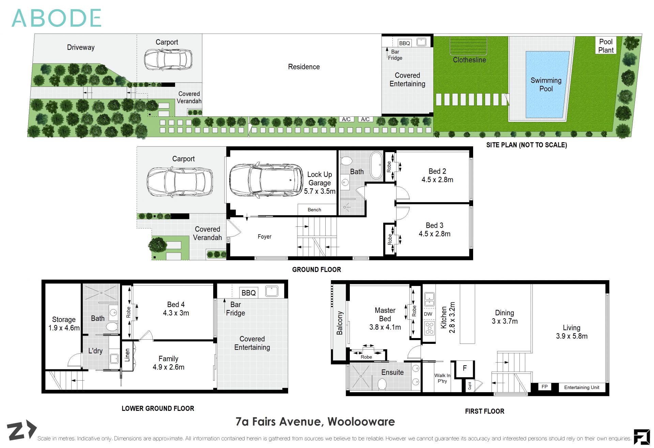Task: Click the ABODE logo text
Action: click(x=57, y=18)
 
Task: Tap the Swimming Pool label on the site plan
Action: click(x=546, y=84)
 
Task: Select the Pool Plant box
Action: click(x=606, y=46)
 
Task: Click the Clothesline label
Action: click(x=469, y=60)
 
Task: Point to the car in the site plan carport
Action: click(x=168, y=60)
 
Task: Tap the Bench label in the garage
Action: click(x=314, y=210)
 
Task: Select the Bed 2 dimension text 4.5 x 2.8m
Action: click(x=437, y=180)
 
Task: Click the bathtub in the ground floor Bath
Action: click(x=376, y=165)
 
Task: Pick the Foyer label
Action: click(x=264, y=237)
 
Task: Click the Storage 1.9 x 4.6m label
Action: click(x=64, y=323)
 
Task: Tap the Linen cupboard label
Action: click(x=127, y=355)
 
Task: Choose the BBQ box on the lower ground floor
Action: click(x=248, y=293)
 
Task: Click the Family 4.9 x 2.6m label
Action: click(x=168, y=363)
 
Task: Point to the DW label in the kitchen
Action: click(x=428, y=314)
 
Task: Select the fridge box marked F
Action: click(x=465, y=368)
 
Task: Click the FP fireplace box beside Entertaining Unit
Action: click(x=544, y=387)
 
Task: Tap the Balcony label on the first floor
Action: click(x=339, y=323)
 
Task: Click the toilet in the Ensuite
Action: click(x=382, y=384)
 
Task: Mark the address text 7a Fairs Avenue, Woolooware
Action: click(x=315, y=422)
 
